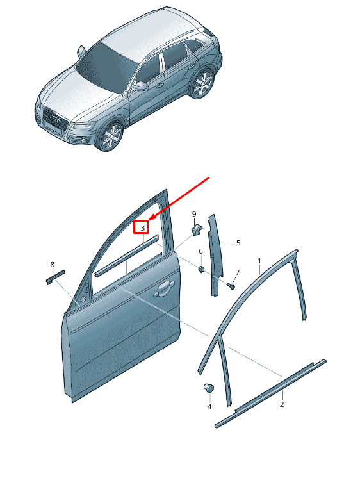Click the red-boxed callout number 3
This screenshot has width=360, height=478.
142,227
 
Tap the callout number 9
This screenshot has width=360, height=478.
194,214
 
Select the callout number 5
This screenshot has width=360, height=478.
238,243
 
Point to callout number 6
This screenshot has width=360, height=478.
200,251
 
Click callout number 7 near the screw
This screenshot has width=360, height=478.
238,272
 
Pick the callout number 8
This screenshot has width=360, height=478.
53,264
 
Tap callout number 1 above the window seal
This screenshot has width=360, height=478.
259,261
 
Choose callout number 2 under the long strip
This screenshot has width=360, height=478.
282,404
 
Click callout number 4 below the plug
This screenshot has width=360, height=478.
209,407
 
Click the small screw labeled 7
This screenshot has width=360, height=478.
231,286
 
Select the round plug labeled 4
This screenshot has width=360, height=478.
209,388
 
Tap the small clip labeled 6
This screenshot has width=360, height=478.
201,269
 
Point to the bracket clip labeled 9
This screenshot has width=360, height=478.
196,229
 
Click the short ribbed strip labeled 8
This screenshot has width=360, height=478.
56,277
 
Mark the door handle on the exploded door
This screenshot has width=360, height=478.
164,288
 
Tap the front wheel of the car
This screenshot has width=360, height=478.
110,136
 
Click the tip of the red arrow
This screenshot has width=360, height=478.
149,220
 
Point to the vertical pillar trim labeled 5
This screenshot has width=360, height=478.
215,255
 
